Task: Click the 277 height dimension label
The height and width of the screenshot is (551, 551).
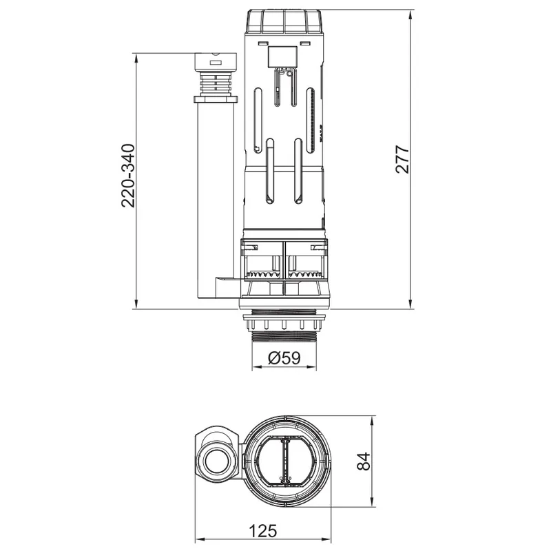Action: click(403, 159)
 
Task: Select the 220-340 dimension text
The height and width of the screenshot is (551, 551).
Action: click(128, 176)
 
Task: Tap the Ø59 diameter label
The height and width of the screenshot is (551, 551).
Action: click(284, 358)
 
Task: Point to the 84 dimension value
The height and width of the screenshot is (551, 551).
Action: click(364, 461)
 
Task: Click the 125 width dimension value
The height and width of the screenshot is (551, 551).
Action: click(263, 531)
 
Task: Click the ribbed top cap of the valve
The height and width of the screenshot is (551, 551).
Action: click(284, 22)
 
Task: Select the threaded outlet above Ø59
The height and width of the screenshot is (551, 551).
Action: click(284, 336)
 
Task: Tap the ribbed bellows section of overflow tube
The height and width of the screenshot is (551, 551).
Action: click(216, 83)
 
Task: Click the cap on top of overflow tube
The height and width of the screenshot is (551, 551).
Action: click(216, 61)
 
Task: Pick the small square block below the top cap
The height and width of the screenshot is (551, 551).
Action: click(282, 57)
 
